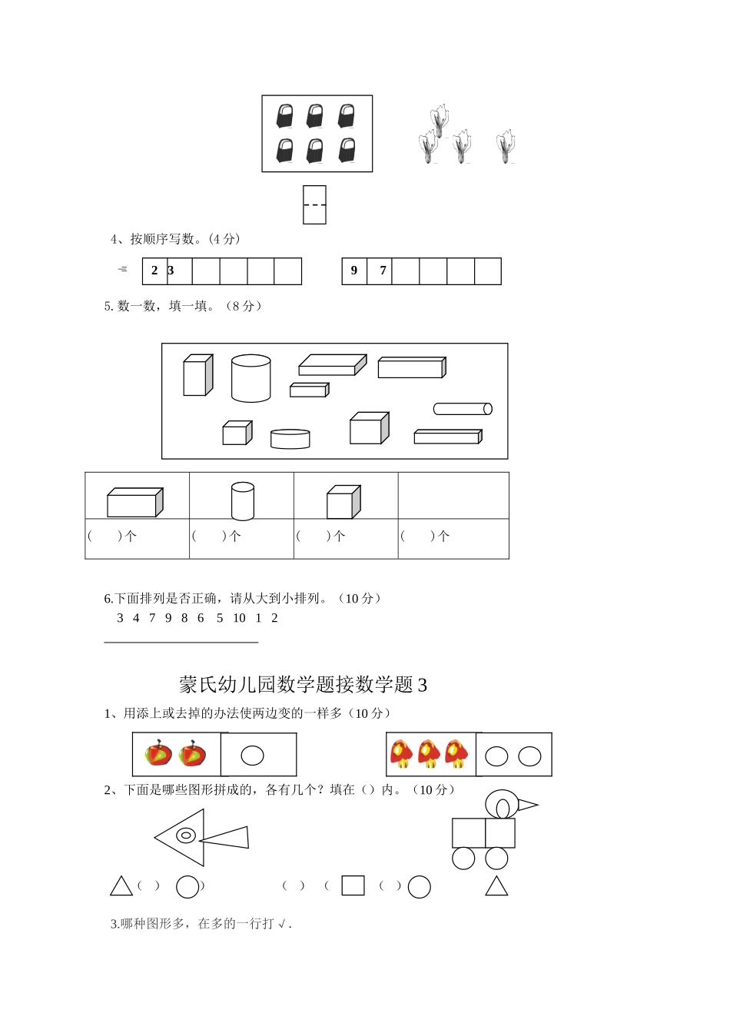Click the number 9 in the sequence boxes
(x=354, y=271)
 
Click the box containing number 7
(x=383, y=271)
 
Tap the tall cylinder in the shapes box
(x=251, y=378)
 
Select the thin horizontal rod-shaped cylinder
(x=463, y=409)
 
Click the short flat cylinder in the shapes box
(x=290, y=439)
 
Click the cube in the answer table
(x=343, y=502)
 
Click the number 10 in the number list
(x=239, y=618)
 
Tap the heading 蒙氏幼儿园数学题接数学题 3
(x=303, y=684)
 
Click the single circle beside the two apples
(x=253, y=756)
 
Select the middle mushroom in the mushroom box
(x=429, y=753)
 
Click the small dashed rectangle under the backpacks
(x=314, y=205)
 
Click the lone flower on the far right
(x=506, y=146)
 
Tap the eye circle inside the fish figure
(x=186, y=835)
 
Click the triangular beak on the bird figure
(x=526, y=805)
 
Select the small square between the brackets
(x=353, y=885)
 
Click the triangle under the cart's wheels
(x=496, y=887)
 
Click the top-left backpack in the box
(x=285, y=116)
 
